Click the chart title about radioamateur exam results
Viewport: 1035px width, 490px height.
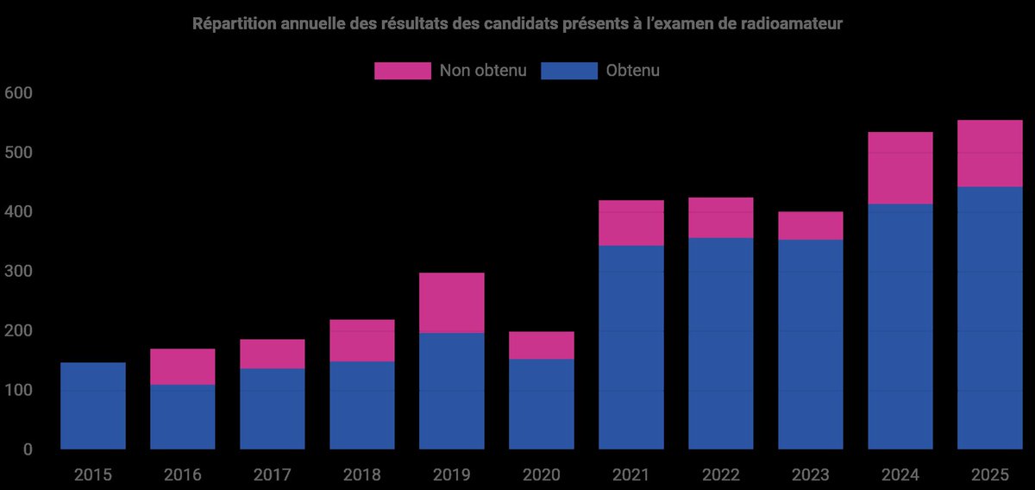click(517, 24)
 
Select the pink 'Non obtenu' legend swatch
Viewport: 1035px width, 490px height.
click(402, 71)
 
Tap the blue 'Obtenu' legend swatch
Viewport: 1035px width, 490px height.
click(568, 71)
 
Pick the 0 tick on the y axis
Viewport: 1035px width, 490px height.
click(26, 449)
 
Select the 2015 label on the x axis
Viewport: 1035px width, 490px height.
click(93, 474)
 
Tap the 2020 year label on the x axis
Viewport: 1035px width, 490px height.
click(541, 474)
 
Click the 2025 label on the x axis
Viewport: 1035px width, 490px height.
click(989, 474)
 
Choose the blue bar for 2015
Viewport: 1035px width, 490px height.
click(93, 405)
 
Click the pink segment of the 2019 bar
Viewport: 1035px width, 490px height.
click(451, 303)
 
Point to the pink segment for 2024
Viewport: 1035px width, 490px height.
click(900, 168)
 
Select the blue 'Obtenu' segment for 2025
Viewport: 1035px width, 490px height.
click(989, 318)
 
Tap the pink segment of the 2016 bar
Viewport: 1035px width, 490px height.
click(182, 367)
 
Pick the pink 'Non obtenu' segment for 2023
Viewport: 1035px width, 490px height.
click(810, 226)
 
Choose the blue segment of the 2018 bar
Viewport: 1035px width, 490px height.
click(361, 405)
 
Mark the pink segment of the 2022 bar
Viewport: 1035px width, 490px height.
click(720, 218)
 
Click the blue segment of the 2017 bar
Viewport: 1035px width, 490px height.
click(272, 409)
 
